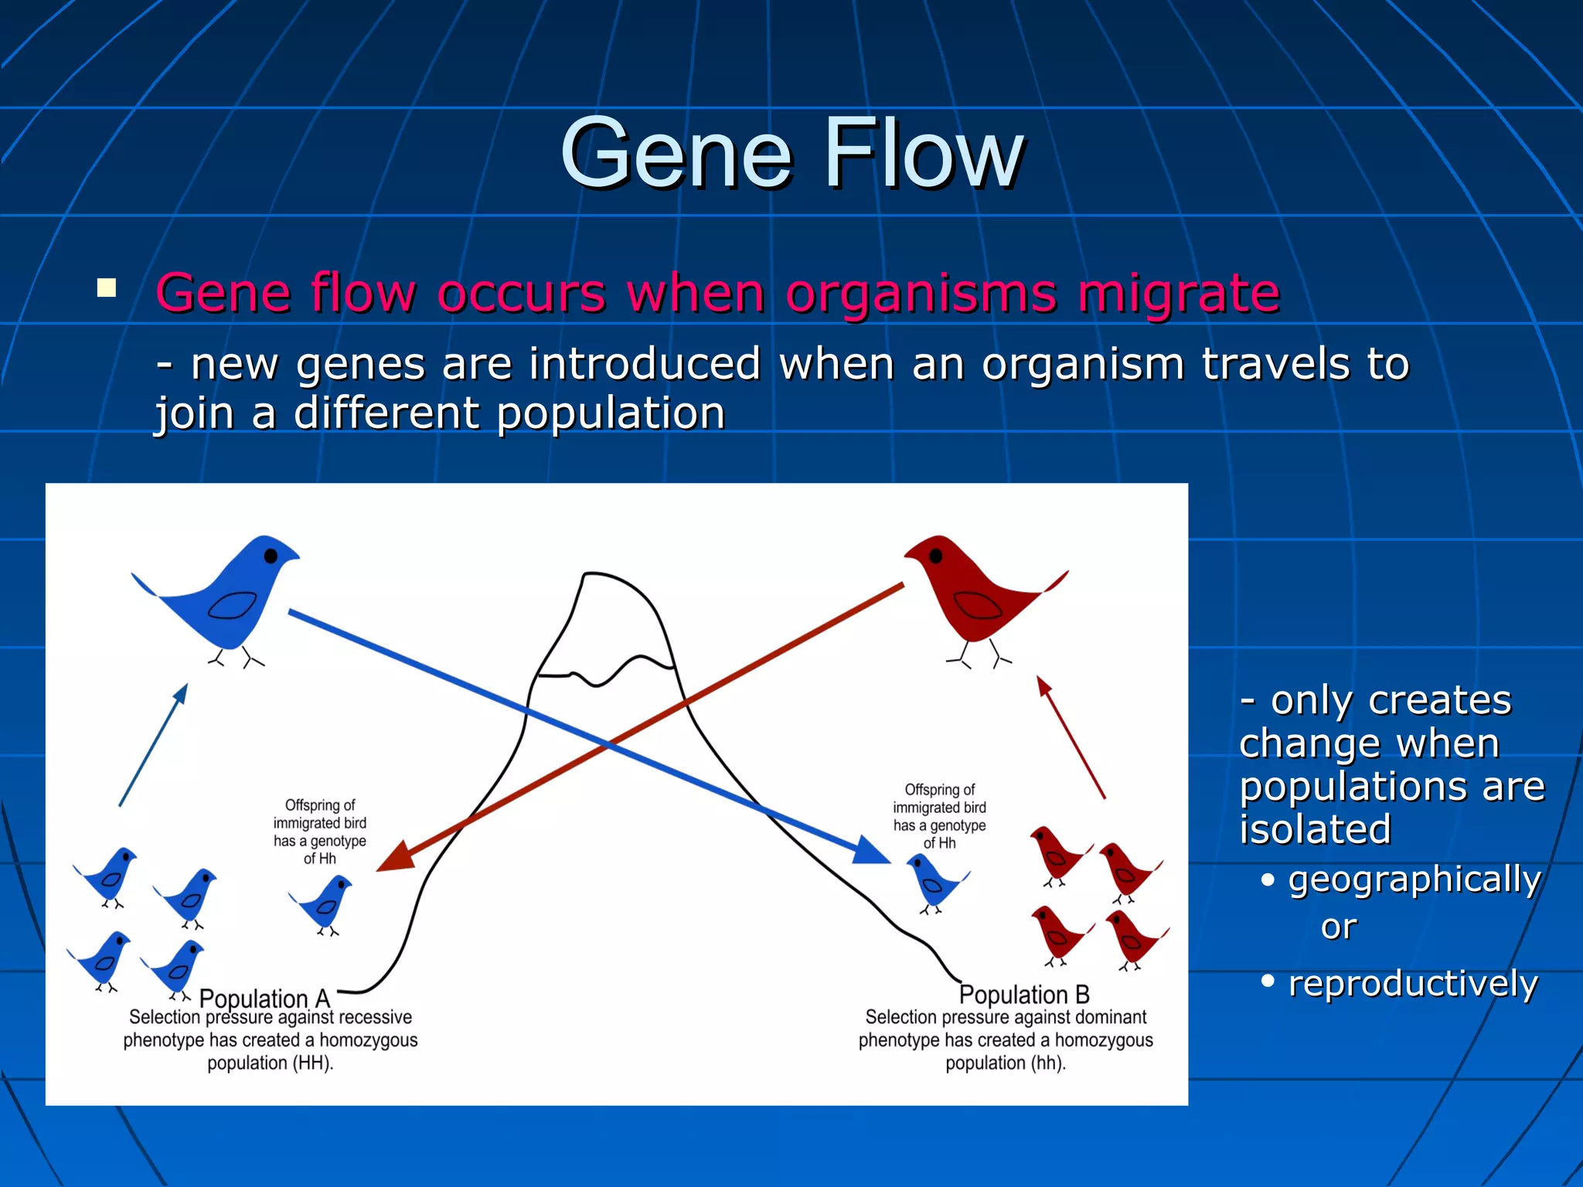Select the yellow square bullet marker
click(x=107, y=288)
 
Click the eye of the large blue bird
click(x=271, y=556)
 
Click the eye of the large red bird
click(x=935, y=556)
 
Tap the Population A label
click(x=264, y=998)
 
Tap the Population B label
click(x=1024, y=994)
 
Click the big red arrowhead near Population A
click(x=394, y=859)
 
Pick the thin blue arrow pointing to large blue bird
click(x=153, y=745)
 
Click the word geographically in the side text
click(x=1414, y=879)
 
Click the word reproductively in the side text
click(x=1413, y=983)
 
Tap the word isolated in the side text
click(x=1316, y=829)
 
